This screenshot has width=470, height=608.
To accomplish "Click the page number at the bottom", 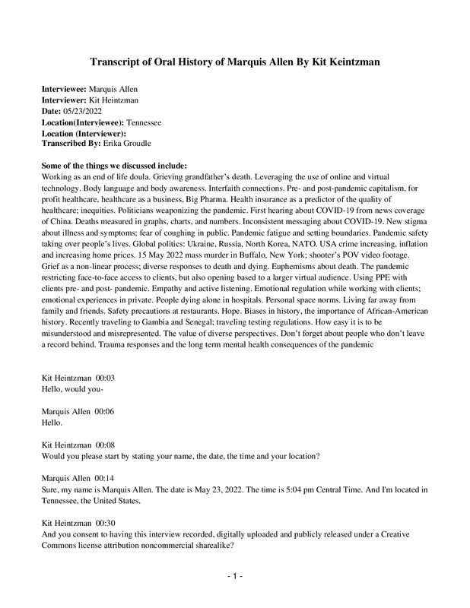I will tap(234, 577).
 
